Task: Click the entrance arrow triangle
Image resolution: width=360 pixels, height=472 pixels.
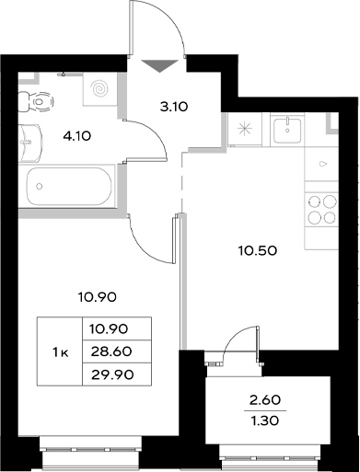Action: coord(160,64)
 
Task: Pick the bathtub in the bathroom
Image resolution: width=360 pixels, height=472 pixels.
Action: coord(69,188)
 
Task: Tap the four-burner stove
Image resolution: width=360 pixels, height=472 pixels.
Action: coord(321,209)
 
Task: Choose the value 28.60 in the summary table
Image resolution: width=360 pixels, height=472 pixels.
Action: coord(108,351)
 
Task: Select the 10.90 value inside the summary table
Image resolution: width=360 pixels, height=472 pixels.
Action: coord(108,328)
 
